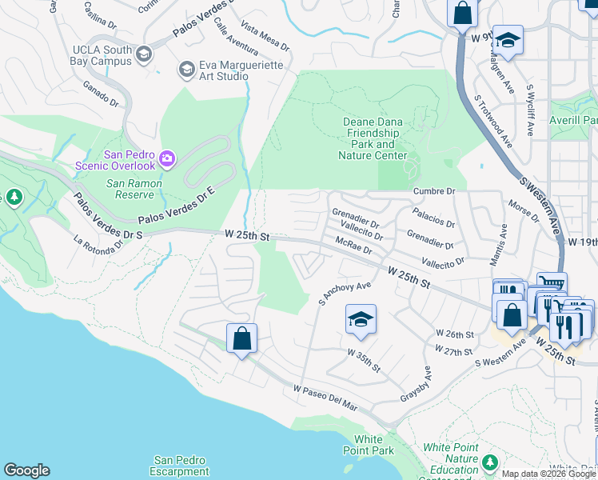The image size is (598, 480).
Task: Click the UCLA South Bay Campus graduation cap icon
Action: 144,54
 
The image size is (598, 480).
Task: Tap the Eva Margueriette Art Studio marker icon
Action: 186,70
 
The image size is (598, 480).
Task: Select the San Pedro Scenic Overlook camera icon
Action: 166,158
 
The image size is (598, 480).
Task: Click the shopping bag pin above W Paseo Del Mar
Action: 241,338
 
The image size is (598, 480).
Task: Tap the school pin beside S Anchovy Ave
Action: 361,319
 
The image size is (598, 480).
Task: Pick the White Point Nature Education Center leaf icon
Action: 490,462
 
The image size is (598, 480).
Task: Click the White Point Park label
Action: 374,445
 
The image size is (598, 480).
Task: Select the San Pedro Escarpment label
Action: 179,465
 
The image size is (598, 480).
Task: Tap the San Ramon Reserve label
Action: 130,189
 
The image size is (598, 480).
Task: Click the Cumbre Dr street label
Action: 434,191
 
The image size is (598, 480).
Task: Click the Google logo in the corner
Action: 26,470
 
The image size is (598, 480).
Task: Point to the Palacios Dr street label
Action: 433,218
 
